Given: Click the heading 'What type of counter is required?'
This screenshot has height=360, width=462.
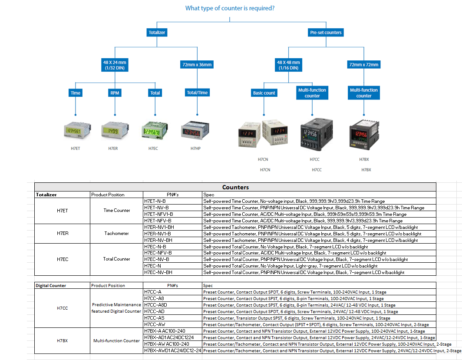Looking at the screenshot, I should coord(230,8).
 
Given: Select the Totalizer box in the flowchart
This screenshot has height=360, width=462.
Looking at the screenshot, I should coord(157,33).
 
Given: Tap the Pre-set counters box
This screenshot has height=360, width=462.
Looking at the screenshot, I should coord(326,33).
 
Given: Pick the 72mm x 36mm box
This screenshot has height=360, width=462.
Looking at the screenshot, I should coord(196,65).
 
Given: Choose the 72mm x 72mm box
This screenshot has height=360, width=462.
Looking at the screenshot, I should coord(363,65).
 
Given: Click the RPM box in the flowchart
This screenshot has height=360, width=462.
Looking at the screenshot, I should coord(115,93).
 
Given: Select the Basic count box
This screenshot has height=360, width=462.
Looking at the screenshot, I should coord(264,93).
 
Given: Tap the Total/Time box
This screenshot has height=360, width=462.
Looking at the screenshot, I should coord(197,93).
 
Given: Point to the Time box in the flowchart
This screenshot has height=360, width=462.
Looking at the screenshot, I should coord(76,93).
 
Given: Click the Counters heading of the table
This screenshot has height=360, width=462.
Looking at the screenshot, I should coord(235,188).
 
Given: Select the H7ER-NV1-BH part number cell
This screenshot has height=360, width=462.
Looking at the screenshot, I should coord(158,227).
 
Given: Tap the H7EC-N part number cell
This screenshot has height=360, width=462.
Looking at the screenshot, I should coord(152,266).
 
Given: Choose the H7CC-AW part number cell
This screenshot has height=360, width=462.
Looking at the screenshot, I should coord(155,324).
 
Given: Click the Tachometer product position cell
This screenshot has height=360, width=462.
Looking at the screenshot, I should coord(116,233).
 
